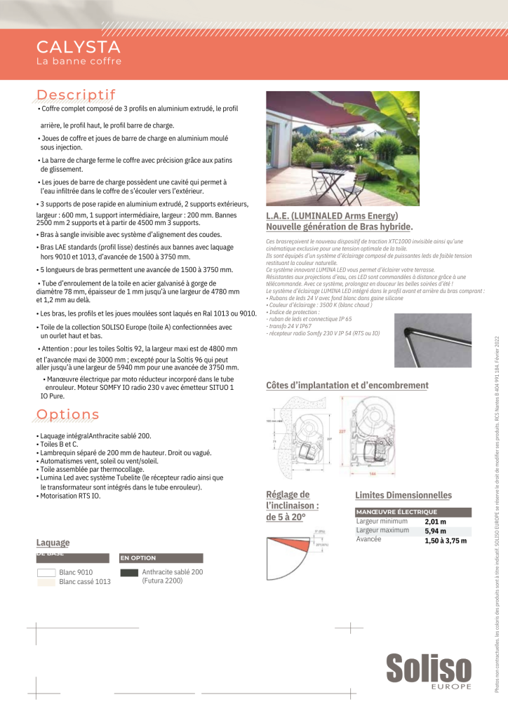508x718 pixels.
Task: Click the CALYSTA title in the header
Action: pyautogui.click(x=78, y=48)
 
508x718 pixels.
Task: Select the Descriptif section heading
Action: pyautogui.click(x=76, y=95)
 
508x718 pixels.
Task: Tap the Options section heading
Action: pyautogui.click(x=67, y=415)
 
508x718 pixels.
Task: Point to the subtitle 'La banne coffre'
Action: pyautogui.click(x=79, y=62)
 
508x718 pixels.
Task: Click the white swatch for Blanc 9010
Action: pyautogui.click(x=46, y=572)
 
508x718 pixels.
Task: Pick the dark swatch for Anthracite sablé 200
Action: pyautogui.click(x=129, y=572)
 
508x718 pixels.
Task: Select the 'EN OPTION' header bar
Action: pyautogui.click(x=161, y=558)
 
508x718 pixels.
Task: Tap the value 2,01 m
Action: pyautogui.click(x=436, y=522)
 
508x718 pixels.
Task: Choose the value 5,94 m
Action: pyautogui.click(x=436, y=531)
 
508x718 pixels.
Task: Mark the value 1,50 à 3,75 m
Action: pyautogui.click(x=446, y=541)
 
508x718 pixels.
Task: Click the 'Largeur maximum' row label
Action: pyautogui.click(x=382, y=530)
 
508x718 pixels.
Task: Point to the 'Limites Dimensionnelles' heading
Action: pyautogui.click(x=403, y=495)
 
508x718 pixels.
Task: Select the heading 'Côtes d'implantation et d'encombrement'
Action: pyautogui.click(x=347, y=385)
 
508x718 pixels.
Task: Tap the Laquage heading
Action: pyautogui.click(x=53, y=543)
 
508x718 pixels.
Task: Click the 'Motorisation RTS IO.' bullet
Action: pyautogui.click(x=69, y=496)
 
